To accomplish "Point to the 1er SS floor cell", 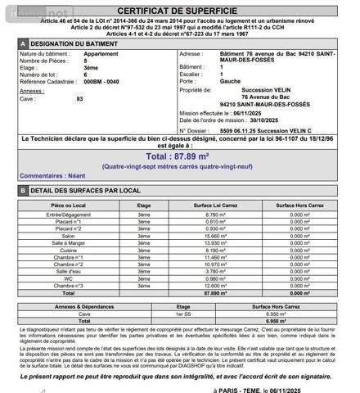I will point(144,314).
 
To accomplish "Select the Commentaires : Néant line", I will point(52,176).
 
